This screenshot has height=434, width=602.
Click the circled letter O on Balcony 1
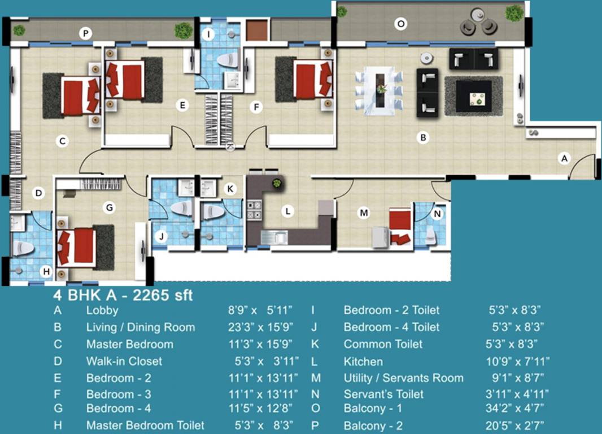[401, 24]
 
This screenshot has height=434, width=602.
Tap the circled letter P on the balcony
[86, 33]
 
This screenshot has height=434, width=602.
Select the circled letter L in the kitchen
[287, 211]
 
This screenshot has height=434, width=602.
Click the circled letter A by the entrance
[564, 158]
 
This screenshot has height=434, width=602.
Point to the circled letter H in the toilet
[46, 272]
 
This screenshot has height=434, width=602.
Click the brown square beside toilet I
[256, 31]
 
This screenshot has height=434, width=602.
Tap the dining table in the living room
[379, 91]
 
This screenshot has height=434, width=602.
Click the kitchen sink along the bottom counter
[274, 237]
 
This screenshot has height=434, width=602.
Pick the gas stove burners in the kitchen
[254, 210]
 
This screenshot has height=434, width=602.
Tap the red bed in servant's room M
[400, 227]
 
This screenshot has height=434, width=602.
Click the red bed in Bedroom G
[76, 247]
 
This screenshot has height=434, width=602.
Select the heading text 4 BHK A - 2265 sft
[123, 296]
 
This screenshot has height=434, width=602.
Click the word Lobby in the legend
[102, 310]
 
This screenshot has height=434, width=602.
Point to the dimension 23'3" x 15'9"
[261, 327]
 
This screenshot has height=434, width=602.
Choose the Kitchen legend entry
[363, 362]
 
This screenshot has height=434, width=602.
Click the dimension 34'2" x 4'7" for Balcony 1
[514, 408]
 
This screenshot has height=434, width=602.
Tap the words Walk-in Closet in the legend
[124, 362]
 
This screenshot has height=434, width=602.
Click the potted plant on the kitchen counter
[277, 183]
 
